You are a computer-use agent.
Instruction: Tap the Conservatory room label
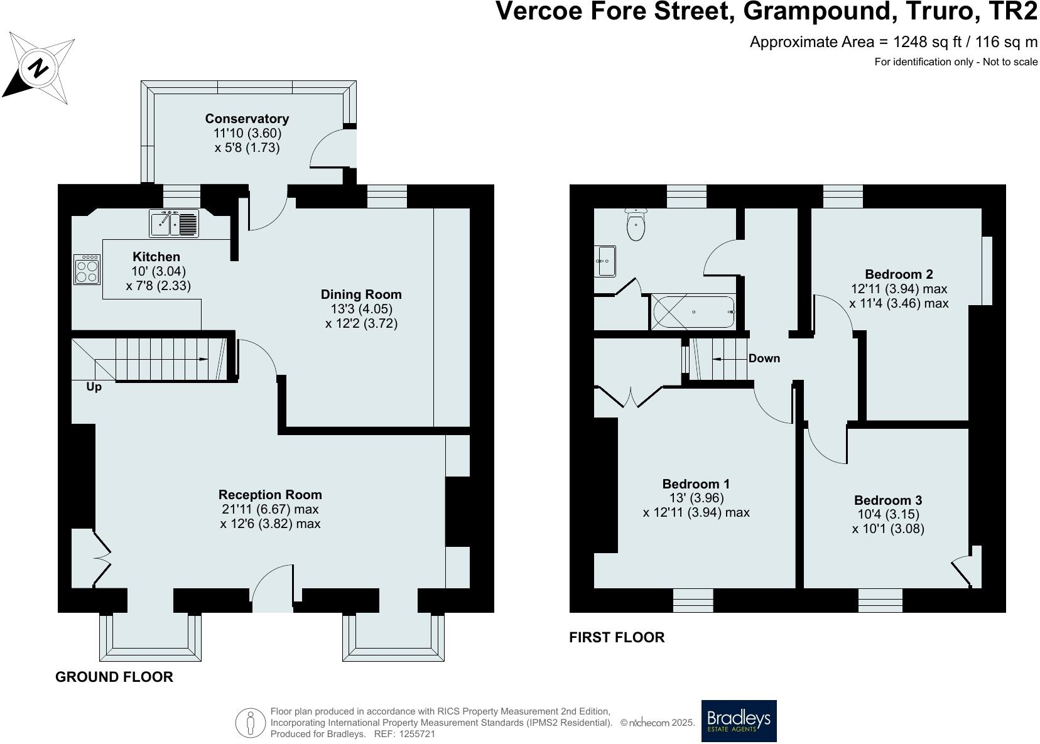tap(247, 119)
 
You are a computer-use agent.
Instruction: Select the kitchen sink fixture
tap(174, 224)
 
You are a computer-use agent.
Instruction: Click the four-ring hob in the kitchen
tap(87, 270)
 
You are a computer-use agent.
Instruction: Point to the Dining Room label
tap(361, 294)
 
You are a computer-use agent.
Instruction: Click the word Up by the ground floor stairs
tap(94, 387)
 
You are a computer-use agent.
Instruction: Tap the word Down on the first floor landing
tap(764, 359)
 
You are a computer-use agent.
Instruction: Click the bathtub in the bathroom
tap(693, 312)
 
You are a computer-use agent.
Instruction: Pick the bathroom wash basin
tap(605, 261)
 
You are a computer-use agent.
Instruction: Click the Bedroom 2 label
tap(899, 274)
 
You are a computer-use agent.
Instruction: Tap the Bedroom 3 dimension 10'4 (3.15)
tap(888, 515)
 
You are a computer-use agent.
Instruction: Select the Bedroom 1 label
tap(696, 484)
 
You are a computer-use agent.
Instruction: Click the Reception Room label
tap(270, 495)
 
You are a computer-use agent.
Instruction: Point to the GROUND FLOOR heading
tap(114, 677)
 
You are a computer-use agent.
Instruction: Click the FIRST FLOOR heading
tap(616, 637)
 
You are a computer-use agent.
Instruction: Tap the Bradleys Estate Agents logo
tap(739, 721)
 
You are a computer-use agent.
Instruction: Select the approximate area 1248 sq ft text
tap(893, 42)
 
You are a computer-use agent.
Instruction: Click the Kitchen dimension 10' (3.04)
tap(158, 271)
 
